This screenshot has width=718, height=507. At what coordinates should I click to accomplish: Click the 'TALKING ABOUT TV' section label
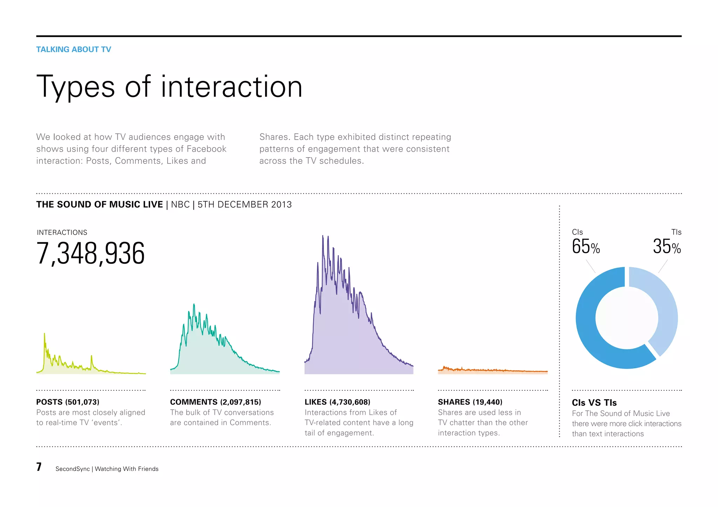[74, 49]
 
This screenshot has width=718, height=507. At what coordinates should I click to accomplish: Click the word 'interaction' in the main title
[231, 87]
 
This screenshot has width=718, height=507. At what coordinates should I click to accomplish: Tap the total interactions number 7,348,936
[90, 253]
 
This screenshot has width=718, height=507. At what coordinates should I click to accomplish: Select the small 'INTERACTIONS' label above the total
[62, 232]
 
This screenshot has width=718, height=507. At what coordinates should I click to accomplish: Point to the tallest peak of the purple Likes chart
[323, 237]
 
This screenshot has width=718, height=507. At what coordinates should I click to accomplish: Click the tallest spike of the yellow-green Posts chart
[45, 335]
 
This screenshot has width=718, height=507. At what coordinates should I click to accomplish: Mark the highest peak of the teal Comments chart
[194, 305]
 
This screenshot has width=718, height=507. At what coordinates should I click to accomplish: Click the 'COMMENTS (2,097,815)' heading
[215, 402]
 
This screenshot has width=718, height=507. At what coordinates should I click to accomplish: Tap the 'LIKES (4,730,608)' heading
[337, 402]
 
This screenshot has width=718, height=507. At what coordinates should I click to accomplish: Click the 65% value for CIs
[585, 246]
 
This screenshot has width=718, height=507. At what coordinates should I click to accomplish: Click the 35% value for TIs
[666, 246]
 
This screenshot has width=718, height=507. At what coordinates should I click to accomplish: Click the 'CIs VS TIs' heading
[594, 403]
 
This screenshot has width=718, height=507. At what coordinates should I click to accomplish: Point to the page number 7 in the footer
[39, 467]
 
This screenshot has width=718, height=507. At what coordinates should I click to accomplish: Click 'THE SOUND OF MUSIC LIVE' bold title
[100, 204]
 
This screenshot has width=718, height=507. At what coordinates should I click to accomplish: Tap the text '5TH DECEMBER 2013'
[244, 204]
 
